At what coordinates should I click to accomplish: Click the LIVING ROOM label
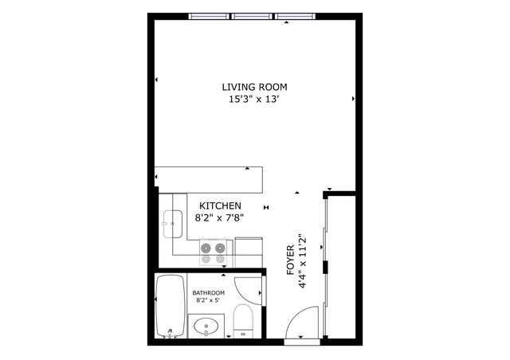click(x=254, y=87)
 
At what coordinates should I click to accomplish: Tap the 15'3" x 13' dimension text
click(x=254, y=100)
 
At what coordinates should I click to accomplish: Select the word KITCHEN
click(x=220, y=205)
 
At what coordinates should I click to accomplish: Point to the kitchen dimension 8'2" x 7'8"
click(x=220, y=217)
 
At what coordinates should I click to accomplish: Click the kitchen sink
click(x=172, y=224)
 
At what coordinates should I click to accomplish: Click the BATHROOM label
click(x=209, y=293)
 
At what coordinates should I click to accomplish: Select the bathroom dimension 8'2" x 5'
click(x=209, y=302)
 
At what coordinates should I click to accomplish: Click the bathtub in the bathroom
click(x=170, y=306)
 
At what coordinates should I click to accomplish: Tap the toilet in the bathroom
click(x=244, y=322)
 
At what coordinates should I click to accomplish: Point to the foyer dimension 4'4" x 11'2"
click(x=302, y=263)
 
